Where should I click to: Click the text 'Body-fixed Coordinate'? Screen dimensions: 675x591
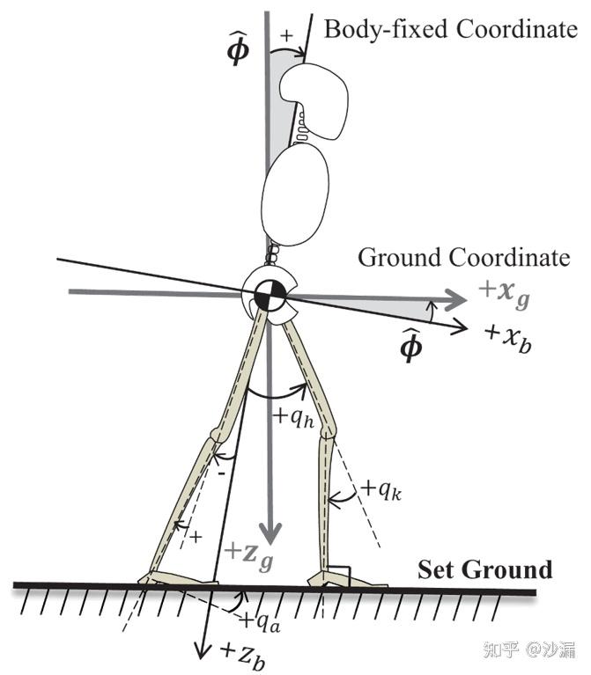[x=449, y=29]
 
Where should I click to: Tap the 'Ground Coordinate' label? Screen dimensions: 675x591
[x=463, y=259]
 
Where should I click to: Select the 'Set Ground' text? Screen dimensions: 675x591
[x=485, y=569]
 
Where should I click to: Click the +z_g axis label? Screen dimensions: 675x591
[x=248, y=555]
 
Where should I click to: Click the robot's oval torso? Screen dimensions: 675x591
[x=295, y=195]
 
